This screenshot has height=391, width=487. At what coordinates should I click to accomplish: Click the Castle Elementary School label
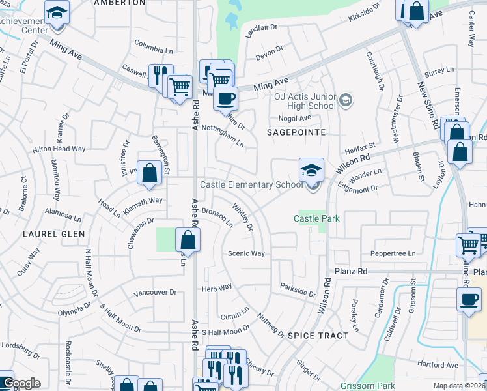(x=251, y=185)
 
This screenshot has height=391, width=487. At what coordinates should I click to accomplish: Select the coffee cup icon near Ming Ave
(x=225, y=99)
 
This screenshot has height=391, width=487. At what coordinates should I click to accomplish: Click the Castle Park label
(x=316, y=219)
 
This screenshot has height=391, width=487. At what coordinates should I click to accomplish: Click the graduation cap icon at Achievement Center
(x=57, y=12)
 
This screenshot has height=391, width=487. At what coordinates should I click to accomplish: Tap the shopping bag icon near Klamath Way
(x=150, y=173)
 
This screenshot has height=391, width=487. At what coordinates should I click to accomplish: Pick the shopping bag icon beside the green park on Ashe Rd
(x=188, y=240)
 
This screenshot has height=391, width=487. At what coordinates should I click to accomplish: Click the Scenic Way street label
(x=246, y=253)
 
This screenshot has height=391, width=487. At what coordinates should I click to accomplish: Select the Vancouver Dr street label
(x=155, y=293)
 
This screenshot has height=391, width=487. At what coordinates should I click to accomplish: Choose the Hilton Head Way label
(x=59, y=149)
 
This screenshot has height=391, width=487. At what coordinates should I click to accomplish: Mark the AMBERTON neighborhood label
(x=119, y=3)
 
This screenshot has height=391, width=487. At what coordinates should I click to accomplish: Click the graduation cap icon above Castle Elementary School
(x=311, y=171)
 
